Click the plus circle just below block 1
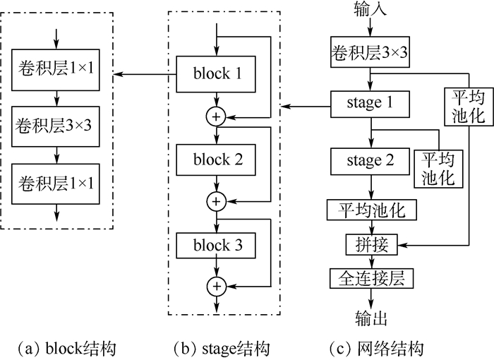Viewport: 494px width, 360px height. (x=215, y=116)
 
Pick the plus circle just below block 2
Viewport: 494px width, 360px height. (x=215, y=202)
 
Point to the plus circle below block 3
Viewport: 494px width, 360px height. (x=215, y=286)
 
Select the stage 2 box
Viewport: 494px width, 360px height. (x=370, y=160)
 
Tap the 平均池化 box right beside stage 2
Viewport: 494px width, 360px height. (x=439, y=167)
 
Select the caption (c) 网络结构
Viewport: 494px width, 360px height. (x=378, y=347)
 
